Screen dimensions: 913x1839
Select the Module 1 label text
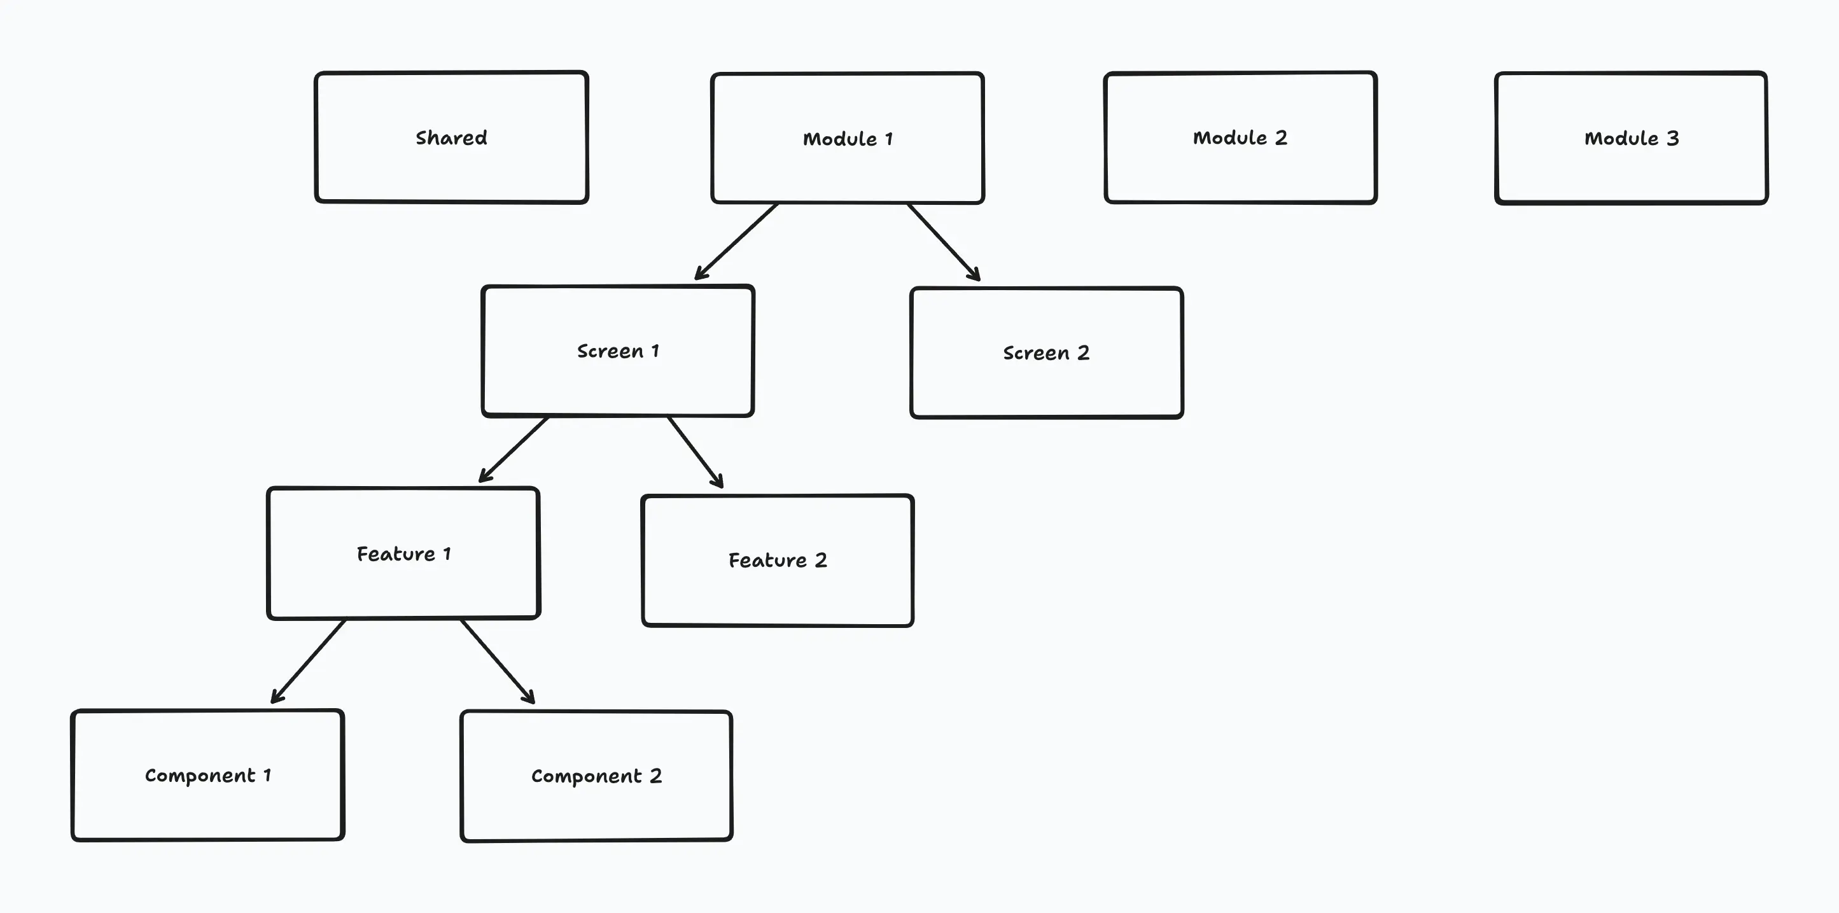(848, 139)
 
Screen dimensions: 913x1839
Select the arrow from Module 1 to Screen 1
(737, 241)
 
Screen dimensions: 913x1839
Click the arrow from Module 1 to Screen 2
(942, 241)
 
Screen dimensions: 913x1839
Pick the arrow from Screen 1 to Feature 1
(514, 449)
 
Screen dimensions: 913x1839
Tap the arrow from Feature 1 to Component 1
(309, 661)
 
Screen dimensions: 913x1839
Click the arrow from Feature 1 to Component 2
(497, 660)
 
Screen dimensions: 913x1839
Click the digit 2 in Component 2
(655, 776)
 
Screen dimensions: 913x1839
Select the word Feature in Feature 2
(767, 561)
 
